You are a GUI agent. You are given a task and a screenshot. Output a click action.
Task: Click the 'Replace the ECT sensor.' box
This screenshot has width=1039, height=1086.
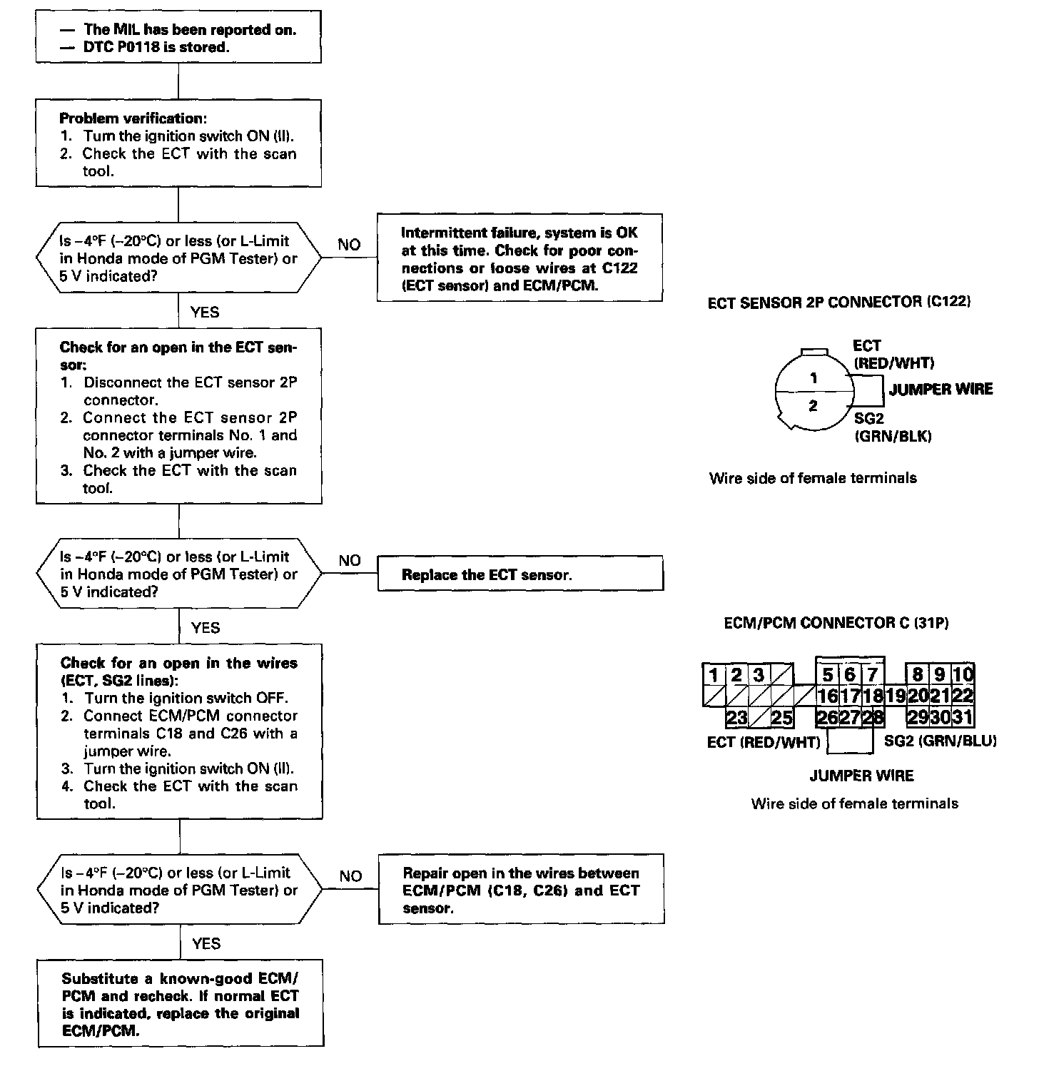pyautogui.click(x=520, y=574)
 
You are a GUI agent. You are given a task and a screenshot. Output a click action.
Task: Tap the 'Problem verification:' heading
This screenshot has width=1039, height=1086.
pyautogui.click(x=133, y=118)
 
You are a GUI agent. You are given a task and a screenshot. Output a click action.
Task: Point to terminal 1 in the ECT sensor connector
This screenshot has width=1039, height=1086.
pyautogui.click(x=814, y=379)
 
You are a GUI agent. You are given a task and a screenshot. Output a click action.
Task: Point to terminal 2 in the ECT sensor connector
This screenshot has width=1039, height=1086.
pyautogui.click(x=814, y=407)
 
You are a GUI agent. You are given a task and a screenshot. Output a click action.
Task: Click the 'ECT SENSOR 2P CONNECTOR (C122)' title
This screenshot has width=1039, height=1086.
pyautogui.click(x=838, y=302)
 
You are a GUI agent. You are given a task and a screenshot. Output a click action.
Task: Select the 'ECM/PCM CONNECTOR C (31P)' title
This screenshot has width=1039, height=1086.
pyautogui.click(x=836, y=623)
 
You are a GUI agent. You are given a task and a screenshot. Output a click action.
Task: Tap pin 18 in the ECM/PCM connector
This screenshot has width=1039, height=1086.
pyautogui.click(x=873, y=696)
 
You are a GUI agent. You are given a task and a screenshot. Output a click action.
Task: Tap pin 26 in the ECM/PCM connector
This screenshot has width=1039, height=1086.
pyautogui.click(x=827, y=717)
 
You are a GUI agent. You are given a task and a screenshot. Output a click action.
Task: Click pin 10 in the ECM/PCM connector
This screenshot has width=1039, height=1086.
pyautogui.click(x=963, y=674)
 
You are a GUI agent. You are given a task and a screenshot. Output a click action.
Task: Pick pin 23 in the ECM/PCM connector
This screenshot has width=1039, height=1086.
pyautogui.click(x=736, y=717)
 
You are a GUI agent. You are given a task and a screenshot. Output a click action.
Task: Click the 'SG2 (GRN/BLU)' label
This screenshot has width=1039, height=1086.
pyautogui.click(x=940, y=741)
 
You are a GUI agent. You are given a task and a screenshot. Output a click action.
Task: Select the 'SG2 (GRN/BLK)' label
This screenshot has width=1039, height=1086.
pyautogui.click(x=893, y=428)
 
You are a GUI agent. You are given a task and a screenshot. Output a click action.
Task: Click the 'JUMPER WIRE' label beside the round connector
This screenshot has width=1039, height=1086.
pyautogui.click(x=941, y=389)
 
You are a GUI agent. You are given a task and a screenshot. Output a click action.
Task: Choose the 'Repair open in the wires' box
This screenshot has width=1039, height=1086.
pyautogui.click(x=521, y=890)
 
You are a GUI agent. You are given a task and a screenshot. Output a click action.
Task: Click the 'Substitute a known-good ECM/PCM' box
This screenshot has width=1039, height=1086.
pyautogui.click(x=181, y=1004)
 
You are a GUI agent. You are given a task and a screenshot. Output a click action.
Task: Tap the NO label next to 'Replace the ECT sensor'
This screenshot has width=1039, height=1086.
pyautogui.click(x=350, y=561)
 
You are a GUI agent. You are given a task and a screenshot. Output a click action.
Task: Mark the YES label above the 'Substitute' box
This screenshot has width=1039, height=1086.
pyautogui.click(x=206, y=944)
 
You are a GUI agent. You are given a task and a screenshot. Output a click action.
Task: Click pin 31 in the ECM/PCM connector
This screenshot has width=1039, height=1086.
pyautogui.click(x=963, y=717)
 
